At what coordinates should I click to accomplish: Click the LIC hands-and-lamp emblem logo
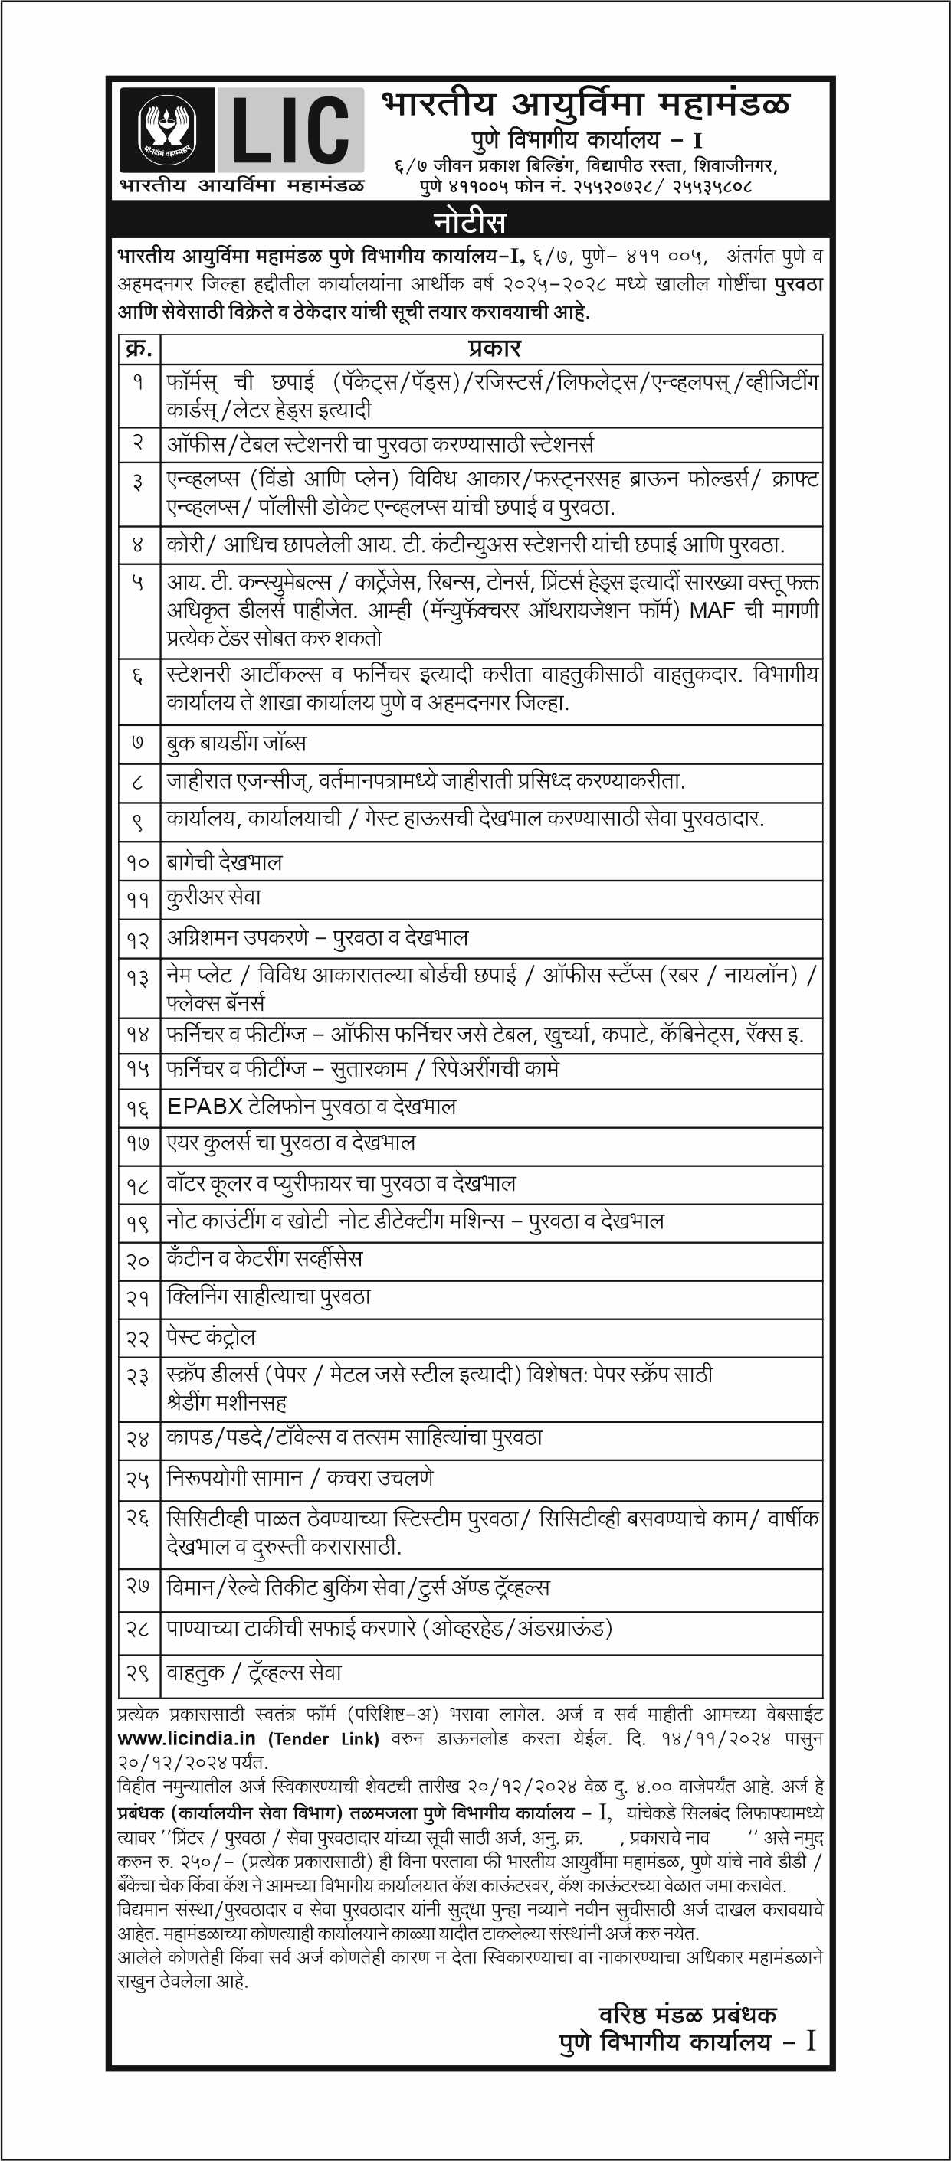point(166,131)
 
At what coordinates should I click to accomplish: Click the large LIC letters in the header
point(290,130)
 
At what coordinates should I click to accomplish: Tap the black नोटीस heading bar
point(470,222)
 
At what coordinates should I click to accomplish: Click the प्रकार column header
point(494,349)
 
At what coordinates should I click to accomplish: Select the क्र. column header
point(139,349)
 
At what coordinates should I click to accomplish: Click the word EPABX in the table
point(205,1107)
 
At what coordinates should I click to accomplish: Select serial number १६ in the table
point(138,1108)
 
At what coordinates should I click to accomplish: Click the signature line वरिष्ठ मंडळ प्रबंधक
point(687,2014)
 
